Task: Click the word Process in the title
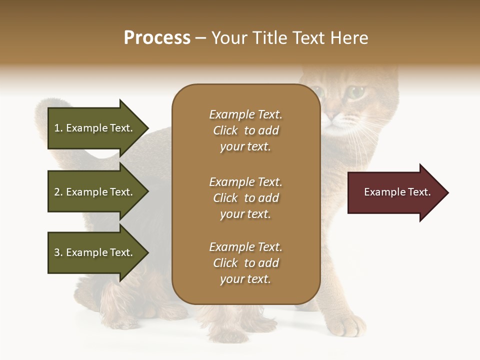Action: click(157, 38)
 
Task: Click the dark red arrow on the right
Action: click(395, 192)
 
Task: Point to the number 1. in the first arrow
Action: click(58, 128)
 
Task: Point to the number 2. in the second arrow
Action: click(58, 192)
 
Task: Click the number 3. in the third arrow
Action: click(58, 252)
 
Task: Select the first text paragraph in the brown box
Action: click(245, 130)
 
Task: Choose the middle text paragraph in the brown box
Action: click(245, 198)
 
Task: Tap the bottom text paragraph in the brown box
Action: click(245, 263)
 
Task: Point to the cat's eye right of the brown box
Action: click(356, 92)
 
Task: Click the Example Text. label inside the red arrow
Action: click(397, 192)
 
